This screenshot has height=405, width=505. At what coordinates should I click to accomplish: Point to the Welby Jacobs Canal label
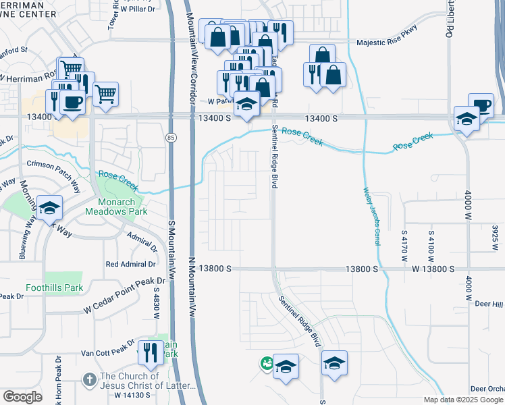[x=371, y=216]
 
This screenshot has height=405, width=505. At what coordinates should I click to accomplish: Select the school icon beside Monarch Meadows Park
[x=50, y=208]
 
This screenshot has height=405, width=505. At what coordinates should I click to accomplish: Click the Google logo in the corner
[x=22, y=396]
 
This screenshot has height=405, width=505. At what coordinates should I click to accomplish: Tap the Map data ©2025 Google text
[x=462, y=400]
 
